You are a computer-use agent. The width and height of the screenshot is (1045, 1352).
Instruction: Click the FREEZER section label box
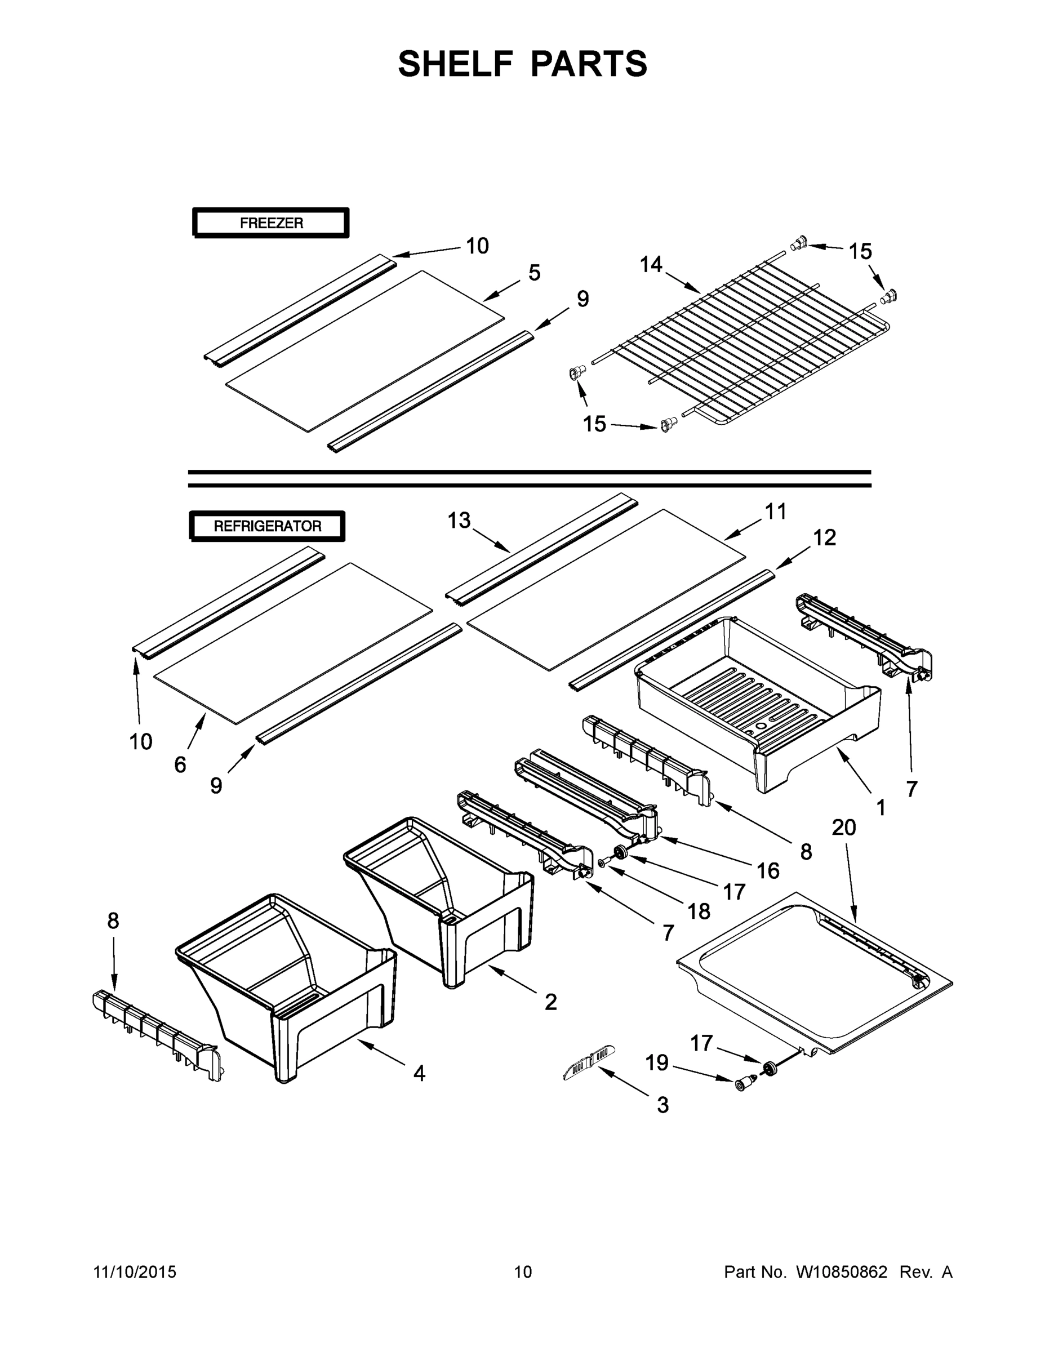pyautogui.click(x=270, y=223)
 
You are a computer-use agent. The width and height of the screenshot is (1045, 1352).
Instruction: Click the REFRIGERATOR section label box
pyautogui.click(x=267, y=526)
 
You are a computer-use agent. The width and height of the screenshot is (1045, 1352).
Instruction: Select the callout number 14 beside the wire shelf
pyautogui.click(x=651, y=265)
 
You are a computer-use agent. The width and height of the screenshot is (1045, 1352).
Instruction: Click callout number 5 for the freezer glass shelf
pyautogui.click(x=534, y=273)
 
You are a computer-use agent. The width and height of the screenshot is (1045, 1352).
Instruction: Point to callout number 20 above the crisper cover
pyautogui.click(x=844, y=827)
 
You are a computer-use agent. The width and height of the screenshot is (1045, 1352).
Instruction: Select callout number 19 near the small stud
pyautogui.click(x=657, y=1063)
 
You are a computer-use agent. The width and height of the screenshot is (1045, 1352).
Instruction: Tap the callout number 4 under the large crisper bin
pyautogui.click(x=419, y=1073)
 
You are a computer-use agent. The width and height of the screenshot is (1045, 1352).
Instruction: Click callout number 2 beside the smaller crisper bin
pyautogui.click(x=550, y=1002)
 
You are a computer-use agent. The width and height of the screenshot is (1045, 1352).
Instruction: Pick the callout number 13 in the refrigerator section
pyautogui.click(x=459, y=521)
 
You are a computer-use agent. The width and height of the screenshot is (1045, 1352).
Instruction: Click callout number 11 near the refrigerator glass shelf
pyautogui.click(x=775, y=512)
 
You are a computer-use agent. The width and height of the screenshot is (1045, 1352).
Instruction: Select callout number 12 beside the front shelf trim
pyautogui.click(x=824, y=537)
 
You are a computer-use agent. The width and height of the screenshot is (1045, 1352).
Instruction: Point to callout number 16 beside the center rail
pyautogui.click(x=768, y=871)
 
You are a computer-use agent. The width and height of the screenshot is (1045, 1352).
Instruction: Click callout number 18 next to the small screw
pyautogui.click(x=699, y=911)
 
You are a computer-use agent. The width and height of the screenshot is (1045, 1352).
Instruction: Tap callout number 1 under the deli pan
pyautogui.click(x=881, y=807)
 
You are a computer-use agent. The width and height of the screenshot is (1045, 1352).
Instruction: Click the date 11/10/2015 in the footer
pyautogui.click(x=134, y=1272)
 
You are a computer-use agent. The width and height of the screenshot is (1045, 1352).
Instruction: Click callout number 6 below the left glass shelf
pyautogui.click(x=180, y=765)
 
